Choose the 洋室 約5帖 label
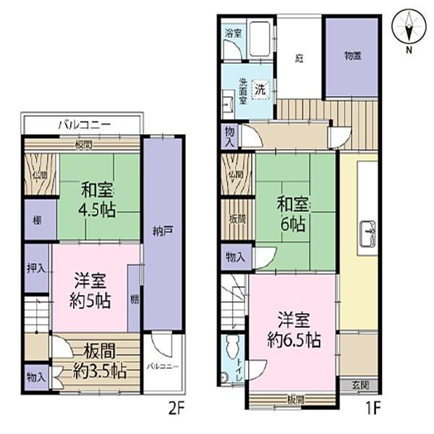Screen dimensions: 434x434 point(91,290)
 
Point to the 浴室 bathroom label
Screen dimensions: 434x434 point(233,33)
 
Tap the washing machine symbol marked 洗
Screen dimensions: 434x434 point(259,89)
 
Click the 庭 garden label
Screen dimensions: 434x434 point(299,59)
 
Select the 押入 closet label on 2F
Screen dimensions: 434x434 point(36,268)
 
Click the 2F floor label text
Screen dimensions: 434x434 point(176,409)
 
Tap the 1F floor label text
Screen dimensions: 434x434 point(373,409)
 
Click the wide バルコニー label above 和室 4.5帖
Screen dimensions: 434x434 point(84,124)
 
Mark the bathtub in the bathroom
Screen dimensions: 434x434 point(258,42)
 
